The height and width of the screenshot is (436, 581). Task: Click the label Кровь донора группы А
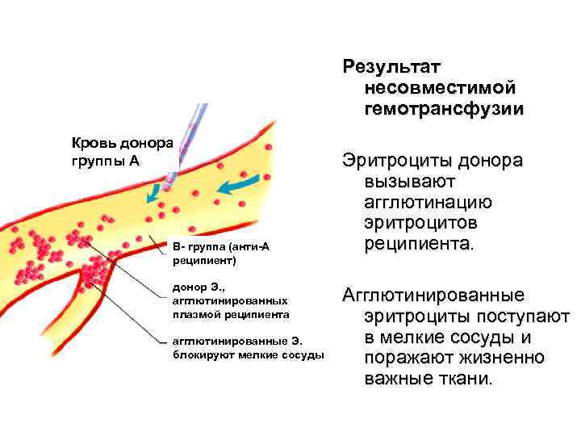[122, 151]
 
